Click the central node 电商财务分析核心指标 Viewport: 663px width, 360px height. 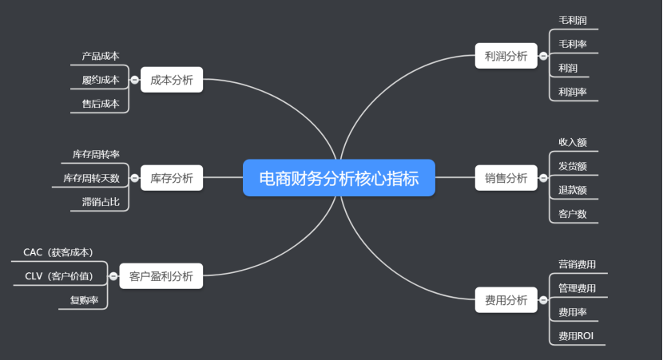tap(339, 178)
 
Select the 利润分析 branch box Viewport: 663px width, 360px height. tap(506, 56)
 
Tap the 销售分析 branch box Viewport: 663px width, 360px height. tap(506, 178)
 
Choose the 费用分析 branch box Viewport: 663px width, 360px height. tap(506, 300)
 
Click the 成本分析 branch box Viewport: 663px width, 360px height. tap(172, 80)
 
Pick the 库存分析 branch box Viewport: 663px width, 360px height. tap(172, 178)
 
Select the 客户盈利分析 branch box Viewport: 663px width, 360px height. tap(161, 276)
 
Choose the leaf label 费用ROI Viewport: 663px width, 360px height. tap(575, 336)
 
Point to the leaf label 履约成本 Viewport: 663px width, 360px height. tap(100, 80)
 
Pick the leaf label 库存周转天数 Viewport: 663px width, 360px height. tap(91, 178)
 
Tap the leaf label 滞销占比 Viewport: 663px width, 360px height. tap(100, 202)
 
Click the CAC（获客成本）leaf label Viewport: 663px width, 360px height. tap(58, 252)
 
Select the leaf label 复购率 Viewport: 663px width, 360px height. tap(84, 300)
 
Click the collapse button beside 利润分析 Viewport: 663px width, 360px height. tap(543, 56)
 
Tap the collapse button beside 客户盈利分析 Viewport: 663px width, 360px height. tap(113, 276)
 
